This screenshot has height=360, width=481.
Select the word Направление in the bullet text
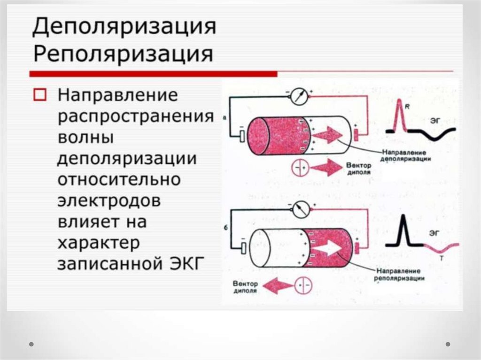click(x=118, y=96)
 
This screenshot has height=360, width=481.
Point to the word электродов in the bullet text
click(x=109, y=200)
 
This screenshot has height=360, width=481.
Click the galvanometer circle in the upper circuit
click(x=299, y=97)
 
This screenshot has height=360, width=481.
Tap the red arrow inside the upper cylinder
click(x=327, y=136)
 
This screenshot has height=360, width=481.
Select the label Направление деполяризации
click(x=406, y=156)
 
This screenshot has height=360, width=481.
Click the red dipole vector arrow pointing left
click(x=277, y=284)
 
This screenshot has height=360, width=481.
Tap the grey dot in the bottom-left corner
click(x=31, y=344)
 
